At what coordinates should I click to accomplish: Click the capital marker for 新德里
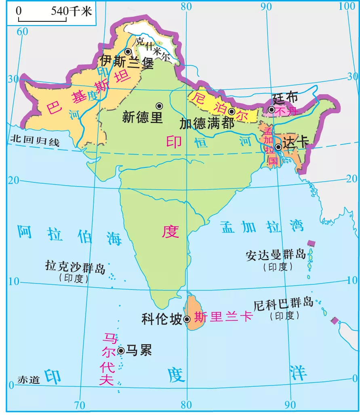(x=160, y=106)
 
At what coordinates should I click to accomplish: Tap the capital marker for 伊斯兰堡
(x=128, y=52)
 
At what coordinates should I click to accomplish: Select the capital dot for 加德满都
(x=232, y=111)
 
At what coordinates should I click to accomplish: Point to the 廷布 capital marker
(x=272, y=110)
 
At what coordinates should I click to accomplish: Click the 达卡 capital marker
(x=278, y=147)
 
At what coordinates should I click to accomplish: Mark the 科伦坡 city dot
(x=187, y=319)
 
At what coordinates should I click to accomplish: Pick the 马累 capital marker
(x=121, y=350)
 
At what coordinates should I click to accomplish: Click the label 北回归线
(x=35, y=141)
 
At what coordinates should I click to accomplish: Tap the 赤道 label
(x=29, y=380)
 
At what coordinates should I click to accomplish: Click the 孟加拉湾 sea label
(x=262, y=227)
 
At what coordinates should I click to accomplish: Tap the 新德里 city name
(x=142, y=118)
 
